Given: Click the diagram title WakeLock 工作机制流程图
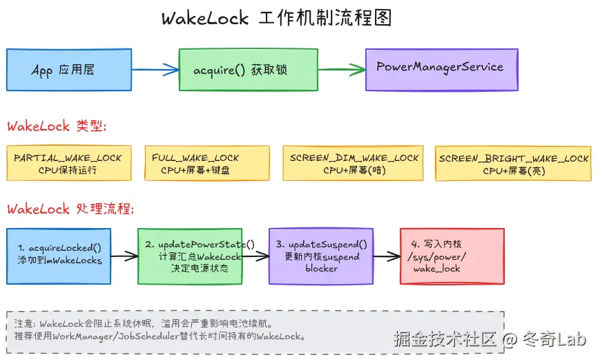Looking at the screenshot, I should (x=276, y=18).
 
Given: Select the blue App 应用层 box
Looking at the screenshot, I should (x=68, y=70).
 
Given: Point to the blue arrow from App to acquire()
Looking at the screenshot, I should (x=155, y=69).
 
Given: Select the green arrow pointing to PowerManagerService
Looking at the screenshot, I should (x=341, y=69).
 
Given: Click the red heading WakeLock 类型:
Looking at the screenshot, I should (x=57, y=126).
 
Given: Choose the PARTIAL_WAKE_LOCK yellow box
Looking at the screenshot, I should (x=68, y=163).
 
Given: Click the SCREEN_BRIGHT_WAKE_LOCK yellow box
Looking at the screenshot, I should (x=514, y=164).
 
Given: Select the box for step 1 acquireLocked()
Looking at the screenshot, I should (x=59, y=256).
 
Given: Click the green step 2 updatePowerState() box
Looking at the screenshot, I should (x=190, y=256).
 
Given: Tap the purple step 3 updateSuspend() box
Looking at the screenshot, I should (x=321, y=256).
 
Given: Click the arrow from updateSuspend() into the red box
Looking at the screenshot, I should (x=387, y=256).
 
